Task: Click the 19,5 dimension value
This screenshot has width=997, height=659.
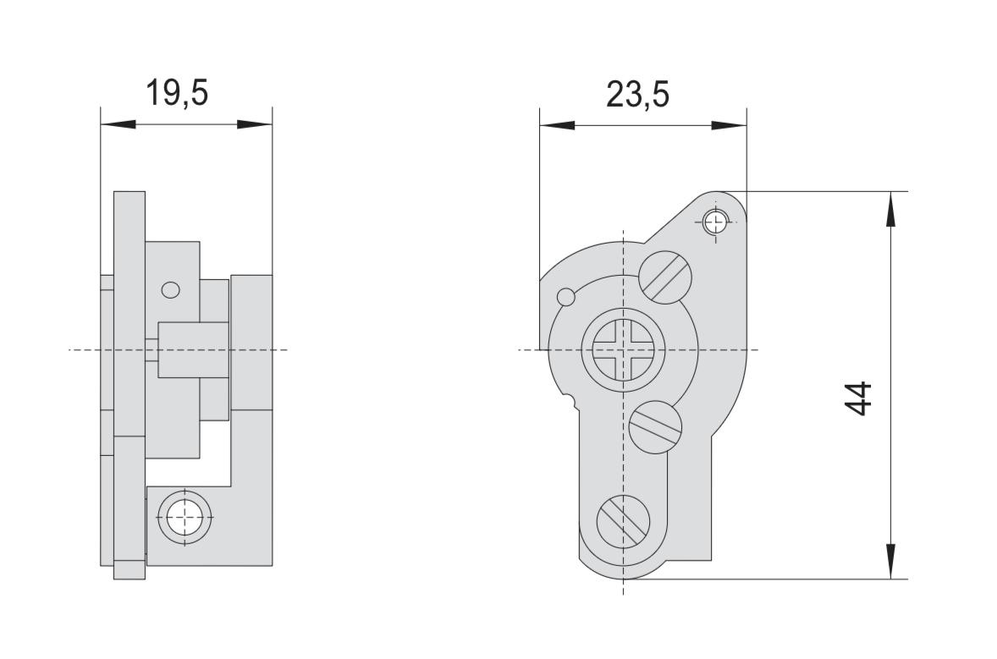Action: (177, 93)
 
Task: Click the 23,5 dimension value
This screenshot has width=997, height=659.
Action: (638, 95)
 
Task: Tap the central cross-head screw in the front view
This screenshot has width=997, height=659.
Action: (623, 350)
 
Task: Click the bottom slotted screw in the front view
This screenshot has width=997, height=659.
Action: (623, 522)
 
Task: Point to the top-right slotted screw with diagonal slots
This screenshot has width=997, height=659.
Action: (664, 277)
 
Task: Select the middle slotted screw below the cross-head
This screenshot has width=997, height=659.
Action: (656, 427)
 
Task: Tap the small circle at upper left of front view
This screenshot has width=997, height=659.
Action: (565, 296)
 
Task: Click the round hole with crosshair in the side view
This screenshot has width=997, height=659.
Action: (185, 516)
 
